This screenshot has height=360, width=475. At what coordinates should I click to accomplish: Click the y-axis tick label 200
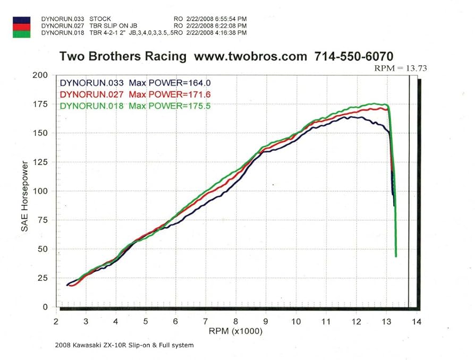pos(40,75)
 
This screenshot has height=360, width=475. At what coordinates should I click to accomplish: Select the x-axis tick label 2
pos(56,321)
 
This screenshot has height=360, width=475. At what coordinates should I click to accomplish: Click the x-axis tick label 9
pos(266,321)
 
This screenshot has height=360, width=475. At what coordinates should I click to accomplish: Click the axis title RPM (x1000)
pos(236,331)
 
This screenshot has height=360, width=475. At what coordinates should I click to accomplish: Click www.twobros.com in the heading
pos(250,56)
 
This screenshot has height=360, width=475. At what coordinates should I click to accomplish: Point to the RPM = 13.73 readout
pos(401,68)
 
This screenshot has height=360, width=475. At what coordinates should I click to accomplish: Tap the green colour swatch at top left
pos(21,33)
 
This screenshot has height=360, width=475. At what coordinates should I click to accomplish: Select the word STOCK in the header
pos(100,19)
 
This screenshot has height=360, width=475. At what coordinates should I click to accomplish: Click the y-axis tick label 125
pos(40,162)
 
